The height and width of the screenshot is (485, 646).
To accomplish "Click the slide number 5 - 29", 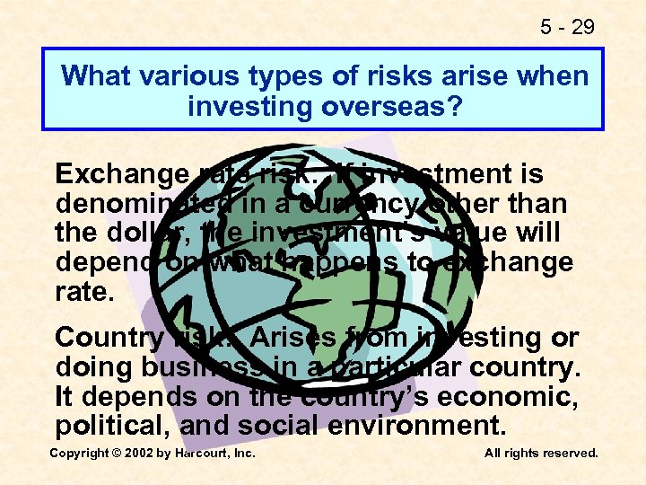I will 568,27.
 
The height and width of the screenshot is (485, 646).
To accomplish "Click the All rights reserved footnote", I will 541,454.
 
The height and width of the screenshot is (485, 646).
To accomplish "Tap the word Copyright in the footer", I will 79,454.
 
